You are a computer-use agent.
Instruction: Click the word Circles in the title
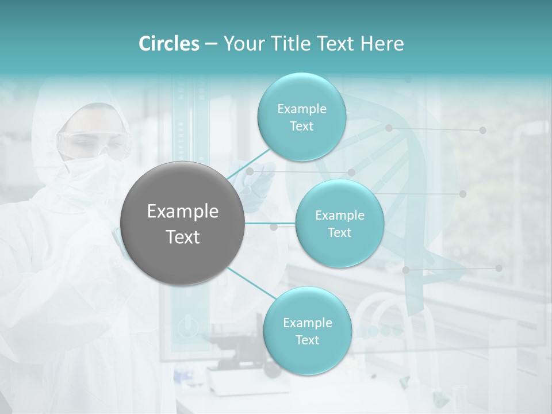(x=169, y=44)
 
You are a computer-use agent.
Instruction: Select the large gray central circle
(x=183, y=223)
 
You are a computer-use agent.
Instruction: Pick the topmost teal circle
(x=301, y=117)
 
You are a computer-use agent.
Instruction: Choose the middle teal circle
(x=339, y=223)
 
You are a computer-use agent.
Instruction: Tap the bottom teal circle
(x=307, y=331)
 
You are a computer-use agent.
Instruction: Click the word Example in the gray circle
(x=183, y=211)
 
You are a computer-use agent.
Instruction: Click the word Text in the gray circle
(x=183, y=236)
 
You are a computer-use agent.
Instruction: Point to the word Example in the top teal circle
(x=301, y=109)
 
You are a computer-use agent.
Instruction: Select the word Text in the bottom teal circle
(x=307, y=340)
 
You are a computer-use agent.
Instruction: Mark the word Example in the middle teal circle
(x=339, y=215)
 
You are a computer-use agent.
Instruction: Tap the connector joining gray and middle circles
(x=270, y=223)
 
